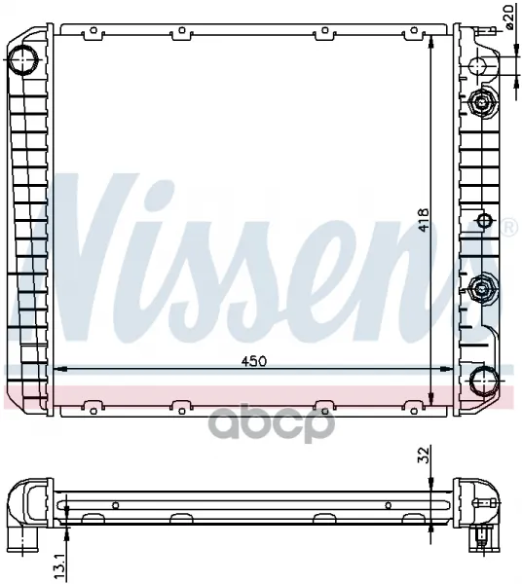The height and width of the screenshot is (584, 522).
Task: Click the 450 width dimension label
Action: pyautogui.click(x=254, y=361)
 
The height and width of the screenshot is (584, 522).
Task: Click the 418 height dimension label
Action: pyautogui.click(x=424, y=220)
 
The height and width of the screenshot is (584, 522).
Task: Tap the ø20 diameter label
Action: pyautogui.click(x=509, y=17)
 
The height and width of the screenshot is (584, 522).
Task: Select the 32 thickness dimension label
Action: pyautogui.click(x=424, y=455)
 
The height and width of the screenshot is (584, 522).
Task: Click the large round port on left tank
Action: pyautogui.click(x=23, y=59)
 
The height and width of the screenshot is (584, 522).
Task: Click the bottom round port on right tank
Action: pyautogui.click(x=484, y=381)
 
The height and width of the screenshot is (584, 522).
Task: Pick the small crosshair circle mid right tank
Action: pyautogui.click(x=484, y=221)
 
